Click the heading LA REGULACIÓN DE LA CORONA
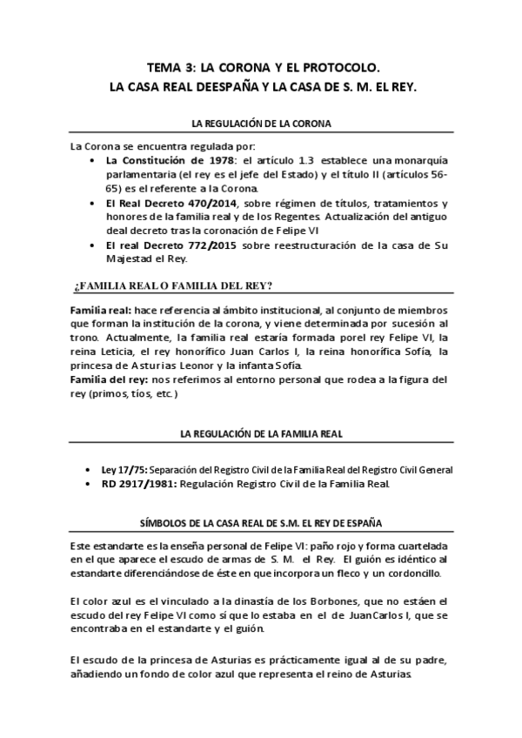click(260, 124)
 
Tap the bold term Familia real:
click(100, 311)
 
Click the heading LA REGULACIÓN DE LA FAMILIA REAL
click(260, 433)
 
